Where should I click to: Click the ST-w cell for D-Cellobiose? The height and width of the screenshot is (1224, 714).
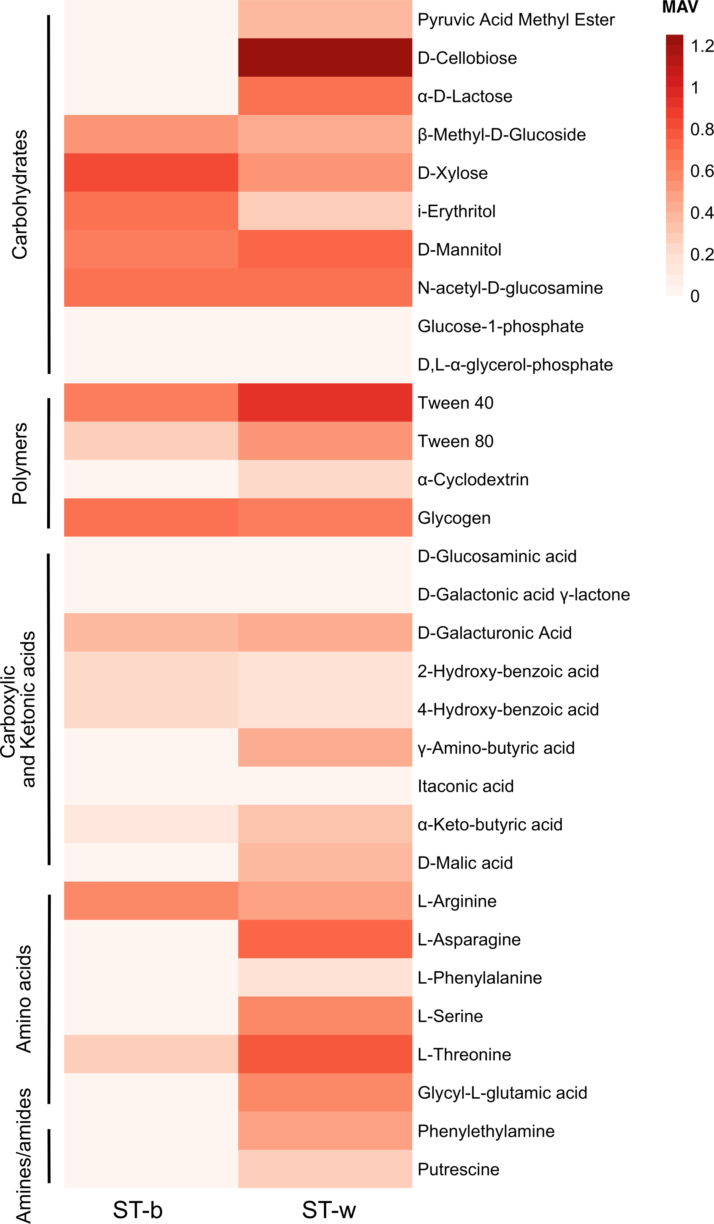(x=325, y=57)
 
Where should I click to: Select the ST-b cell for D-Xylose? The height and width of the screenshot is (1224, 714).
(x=151, y=173)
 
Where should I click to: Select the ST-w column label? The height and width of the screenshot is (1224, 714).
(x=329, y=1209)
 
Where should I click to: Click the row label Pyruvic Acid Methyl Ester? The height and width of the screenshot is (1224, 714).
(x=516, y=19)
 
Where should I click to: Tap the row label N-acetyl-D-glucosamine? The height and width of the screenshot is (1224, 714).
(x=510, y=288)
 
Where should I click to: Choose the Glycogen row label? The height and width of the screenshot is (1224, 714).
(x=454, y=518)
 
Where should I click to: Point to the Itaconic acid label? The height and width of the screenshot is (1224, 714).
(x=465, y=786)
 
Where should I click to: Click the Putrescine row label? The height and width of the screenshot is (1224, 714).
(x=458, y=1169)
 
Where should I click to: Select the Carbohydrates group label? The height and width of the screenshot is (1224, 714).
(x=20, y=194)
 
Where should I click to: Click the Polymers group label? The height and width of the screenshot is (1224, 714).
(x=20, y=463)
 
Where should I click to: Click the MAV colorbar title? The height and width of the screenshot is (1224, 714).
(x=679, y=7)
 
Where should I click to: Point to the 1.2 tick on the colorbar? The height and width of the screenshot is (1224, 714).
(x=702, y=46)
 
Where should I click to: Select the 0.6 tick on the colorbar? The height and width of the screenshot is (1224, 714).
(x=702, y=171)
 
